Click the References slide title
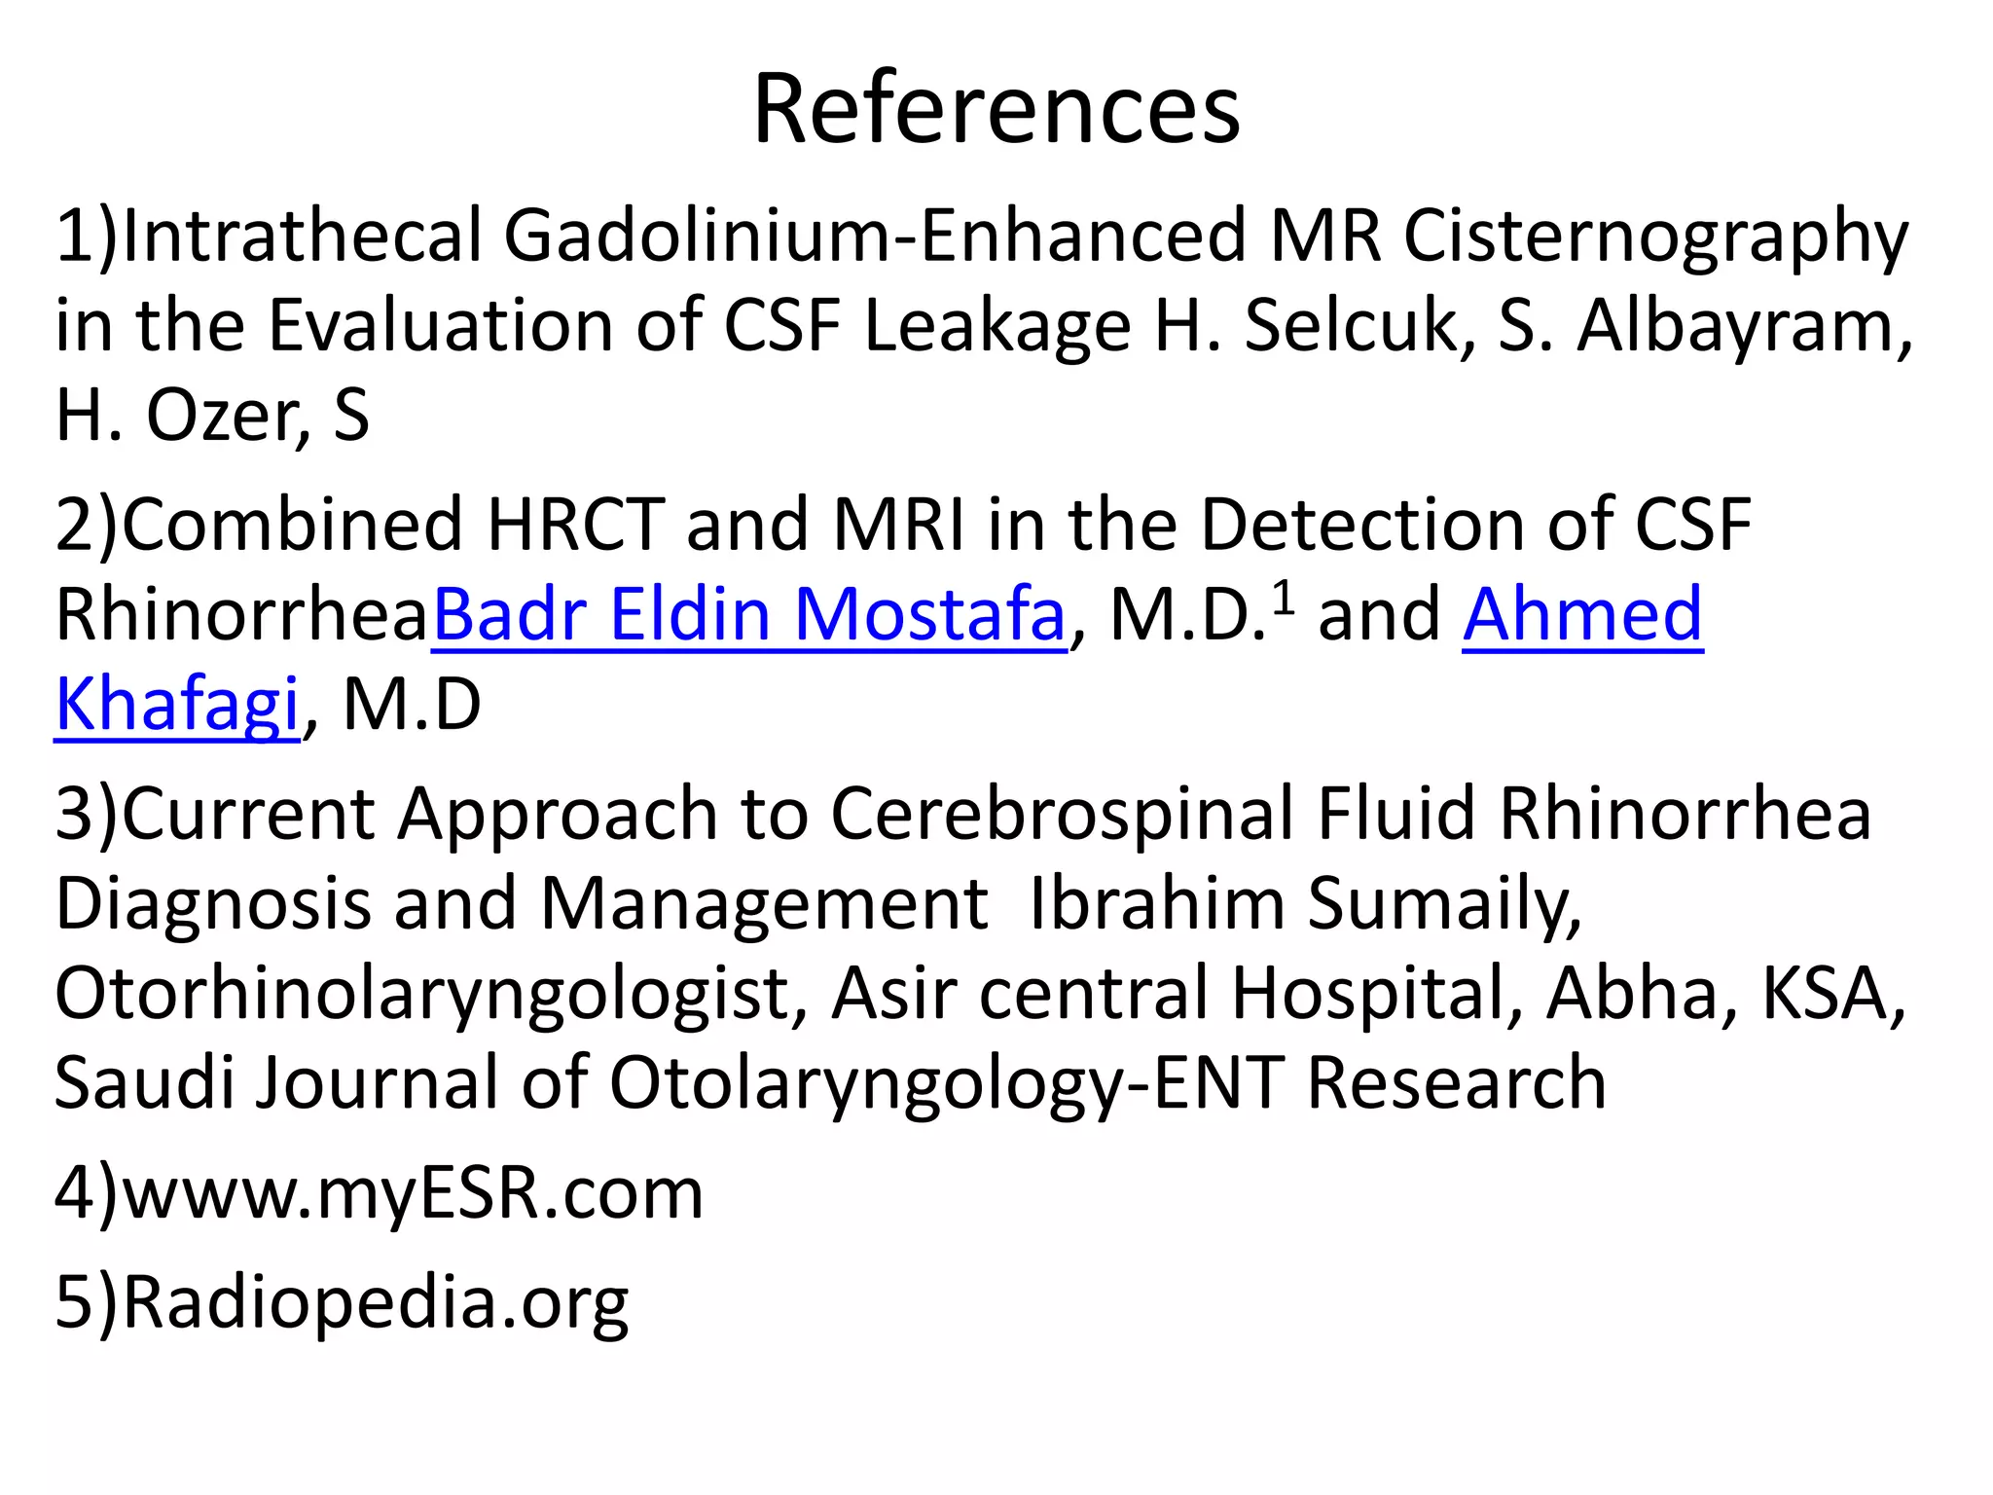coord(996,109)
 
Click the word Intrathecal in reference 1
coord(302,237)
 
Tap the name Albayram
coord(1743,326)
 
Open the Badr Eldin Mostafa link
coord(749,615)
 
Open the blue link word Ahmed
coord(1582,615)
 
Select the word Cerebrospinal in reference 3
coord(1062,815)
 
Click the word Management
coord(764,903)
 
